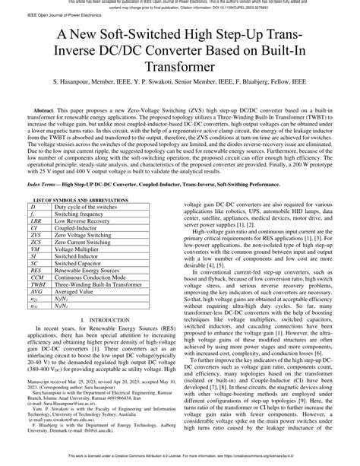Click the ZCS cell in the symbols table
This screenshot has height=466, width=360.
coord(36,243)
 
